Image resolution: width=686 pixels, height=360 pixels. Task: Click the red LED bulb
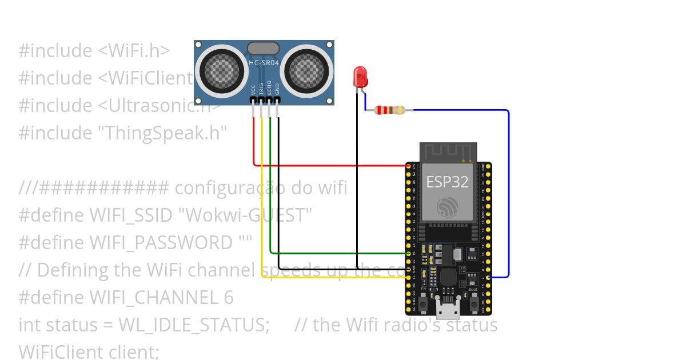point(360,76)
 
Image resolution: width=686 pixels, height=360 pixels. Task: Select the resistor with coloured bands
point(390,110)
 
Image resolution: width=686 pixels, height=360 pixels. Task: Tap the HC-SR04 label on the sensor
point(264,62)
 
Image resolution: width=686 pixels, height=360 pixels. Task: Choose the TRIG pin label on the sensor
point(261,89)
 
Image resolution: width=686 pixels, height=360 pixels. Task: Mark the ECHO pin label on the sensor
point(269,89)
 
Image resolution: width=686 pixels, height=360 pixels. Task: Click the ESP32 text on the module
point(447,182)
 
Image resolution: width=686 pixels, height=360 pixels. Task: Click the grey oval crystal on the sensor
point(263,49)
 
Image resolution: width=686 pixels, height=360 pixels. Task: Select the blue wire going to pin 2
point(508,189)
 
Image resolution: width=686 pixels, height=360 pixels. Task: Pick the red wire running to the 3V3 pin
point(332,166)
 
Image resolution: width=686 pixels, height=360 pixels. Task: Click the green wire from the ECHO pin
point(337,253)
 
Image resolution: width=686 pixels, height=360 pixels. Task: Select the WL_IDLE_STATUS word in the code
point(194,325)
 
